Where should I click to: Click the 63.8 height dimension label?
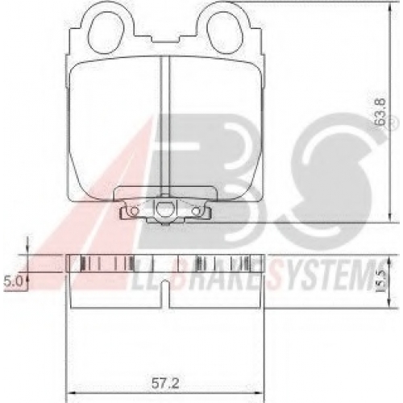coord(380,112)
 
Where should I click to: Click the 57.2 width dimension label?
coord(165,384)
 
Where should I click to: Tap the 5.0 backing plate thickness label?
coord(13,281)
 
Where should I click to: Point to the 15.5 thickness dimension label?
coord(380,281)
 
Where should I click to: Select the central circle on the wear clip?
coord(164,208)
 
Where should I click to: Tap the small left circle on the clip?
coord(133,211)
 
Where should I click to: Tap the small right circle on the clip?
coord(197,212)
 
